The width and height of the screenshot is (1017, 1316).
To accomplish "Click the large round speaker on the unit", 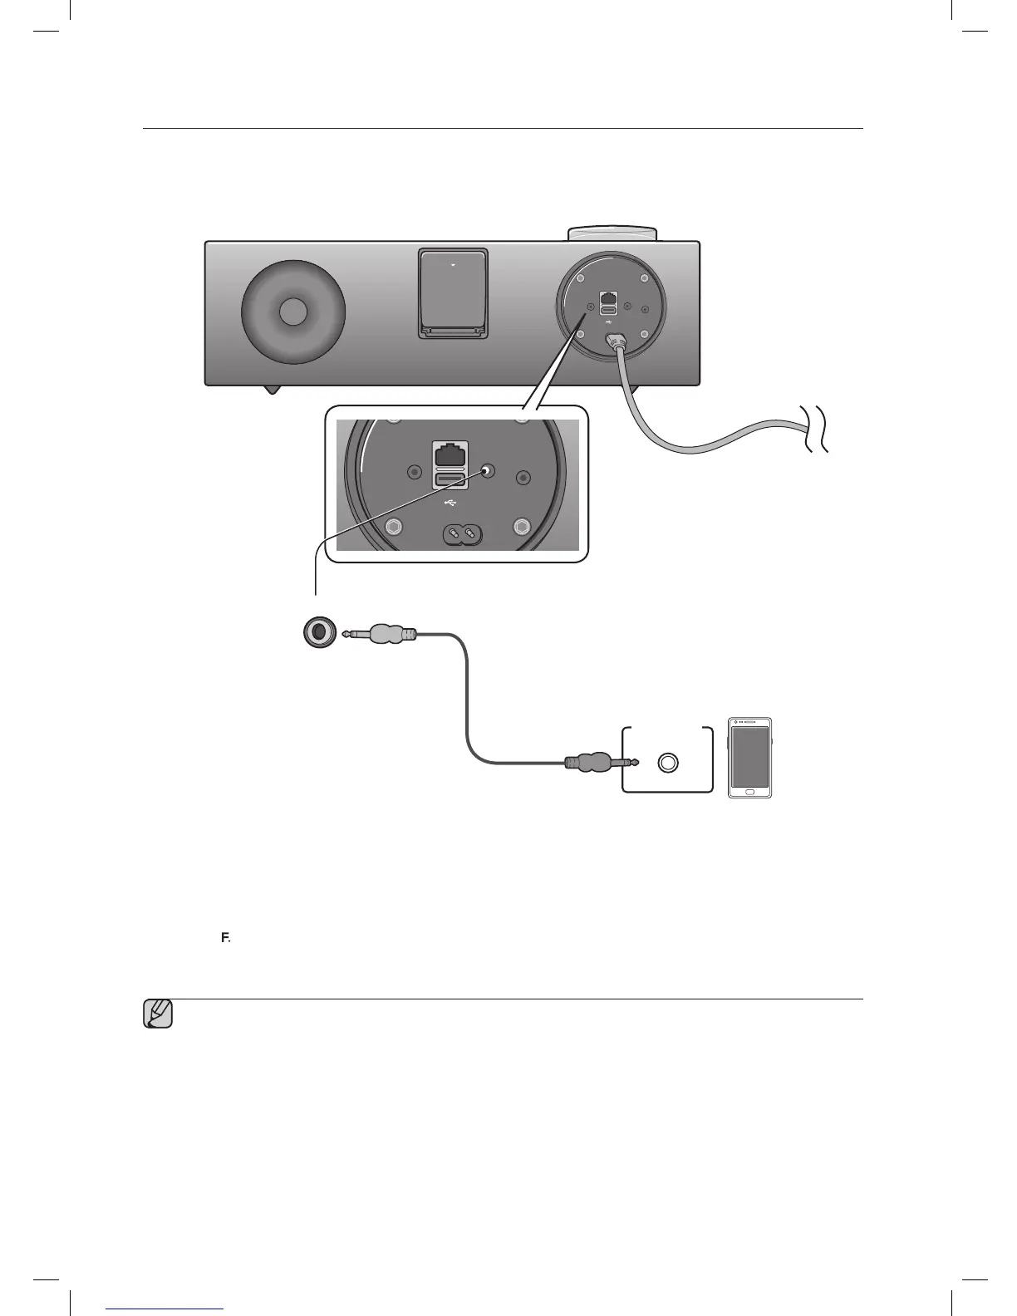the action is [292, 312].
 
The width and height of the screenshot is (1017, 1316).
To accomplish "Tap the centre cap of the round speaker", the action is [292, 312].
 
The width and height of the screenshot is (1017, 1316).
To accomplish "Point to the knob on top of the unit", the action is [612, 232].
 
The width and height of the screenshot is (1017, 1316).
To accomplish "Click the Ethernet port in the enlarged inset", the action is [450, 454].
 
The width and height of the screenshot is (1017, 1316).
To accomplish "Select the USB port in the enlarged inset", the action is [450, 479].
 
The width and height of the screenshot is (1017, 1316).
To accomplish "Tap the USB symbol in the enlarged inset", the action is [450, 503].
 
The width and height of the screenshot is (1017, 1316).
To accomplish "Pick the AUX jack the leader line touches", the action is [487, 471].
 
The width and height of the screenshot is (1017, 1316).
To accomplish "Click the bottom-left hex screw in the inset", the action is [395, 527].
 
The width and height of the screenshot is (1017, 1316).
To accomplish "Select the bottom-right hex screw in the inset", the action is [522, 527].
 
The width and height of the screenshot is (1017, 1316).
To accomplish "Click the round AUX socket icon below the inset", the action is [318, 633].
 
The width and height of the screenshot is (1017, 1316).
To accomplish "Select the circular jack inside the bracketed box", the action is [668, 762].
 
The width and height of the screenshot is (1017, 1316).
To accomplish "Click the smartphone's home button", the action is [749, 791].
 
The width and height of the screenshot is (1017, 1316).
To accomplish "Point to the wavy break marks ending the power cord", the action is [814, 430].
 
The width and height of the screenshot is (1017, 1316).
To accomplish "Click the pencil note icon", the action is [158, 1014].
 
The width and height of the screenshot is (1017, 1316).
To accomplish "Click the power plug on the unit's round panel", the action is [616, 341].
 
